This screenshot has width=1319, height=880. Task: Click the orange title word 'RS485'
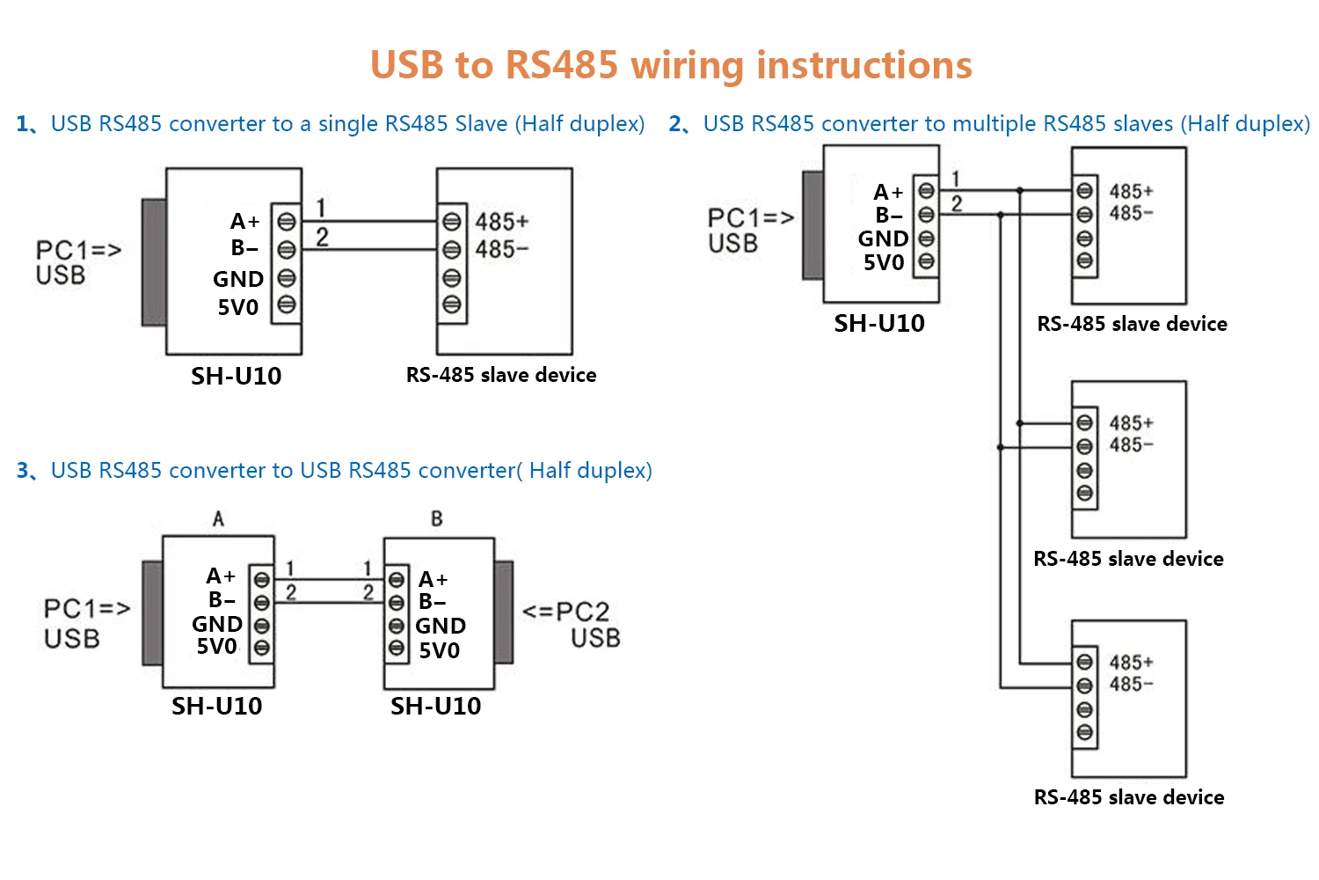pyautogui.click(x=562, y=66)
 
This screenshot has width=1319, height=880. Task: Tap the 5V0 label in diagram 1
pyautogui.click(x=238, y=308)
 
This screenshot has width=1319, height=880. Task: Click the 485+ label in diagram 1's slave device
pyautogui.click(x=501, y=222)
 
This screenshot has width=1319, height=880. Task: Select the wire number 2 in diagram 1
pyautogui.click(x=323, y=238)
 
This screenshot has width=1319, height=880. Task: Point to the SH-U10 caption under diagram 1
pyautogui.click(x=236, y=377)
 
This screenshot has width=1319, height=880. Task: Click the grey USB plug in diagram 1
pyautogui.click(x=154, y=262)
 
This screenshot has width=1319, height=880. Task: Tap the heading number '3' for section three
pyautogui.click(x=23, y=471)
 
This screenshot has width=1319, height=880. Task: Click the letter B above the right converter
pyautogui.click(x=437, y=519)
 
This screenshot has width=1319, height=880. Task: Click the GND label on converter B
pyautogui.click(x=441, y=626)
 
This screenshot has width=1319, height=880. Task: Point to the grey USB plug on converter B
pyautogui.click(x=504, y=612)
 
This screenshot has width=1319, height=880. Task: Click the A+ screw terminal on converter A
pyautogui.click(x=261, y=580)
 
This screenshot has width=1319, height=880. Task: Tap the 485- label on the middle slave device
pyautogui.click(x=1131, y=445)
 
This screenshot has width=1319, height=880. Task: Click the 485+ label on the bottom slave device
pyautogui.click(x=1131, y=663)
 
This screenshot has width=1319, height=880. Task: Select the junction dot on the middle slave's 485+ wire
pyautogui.click(x=1020, y=423)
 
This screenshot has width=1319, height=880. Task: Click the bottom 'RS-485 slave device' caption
pyautogui.click(x=1129, y=797)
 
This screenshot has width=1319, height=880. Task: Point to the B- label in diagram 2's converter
pyautogui.click(x=889, y=215)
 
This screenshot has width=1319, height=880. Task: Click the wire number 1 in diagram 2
pyautogui.click(x=956, y=179)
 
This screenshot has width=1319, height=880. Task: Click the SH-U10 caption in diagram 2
pyautogui.click(x=879, y=324)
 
